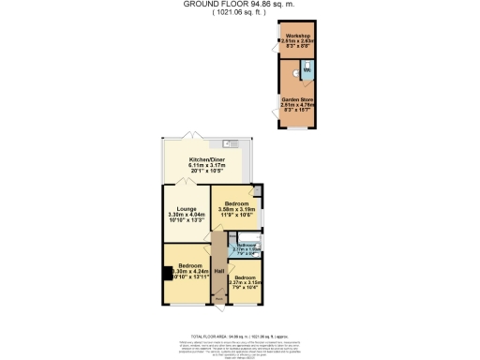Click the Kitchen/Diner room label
[206, 159]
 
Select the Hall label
[217, 270]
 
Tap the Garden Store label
[296, 98]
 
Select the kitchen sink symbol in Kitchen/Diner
[230, 143]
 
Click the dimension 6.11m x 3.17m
[206, 166]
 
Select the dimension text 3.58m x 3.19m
[235, 209]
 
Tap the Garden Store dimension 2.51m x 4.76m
[296, 104]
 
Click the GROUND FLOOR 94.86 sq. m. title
[238, 4]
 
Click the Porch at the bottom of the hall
[217, 299]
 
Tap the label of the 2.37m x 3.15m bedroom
[246, 278]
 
